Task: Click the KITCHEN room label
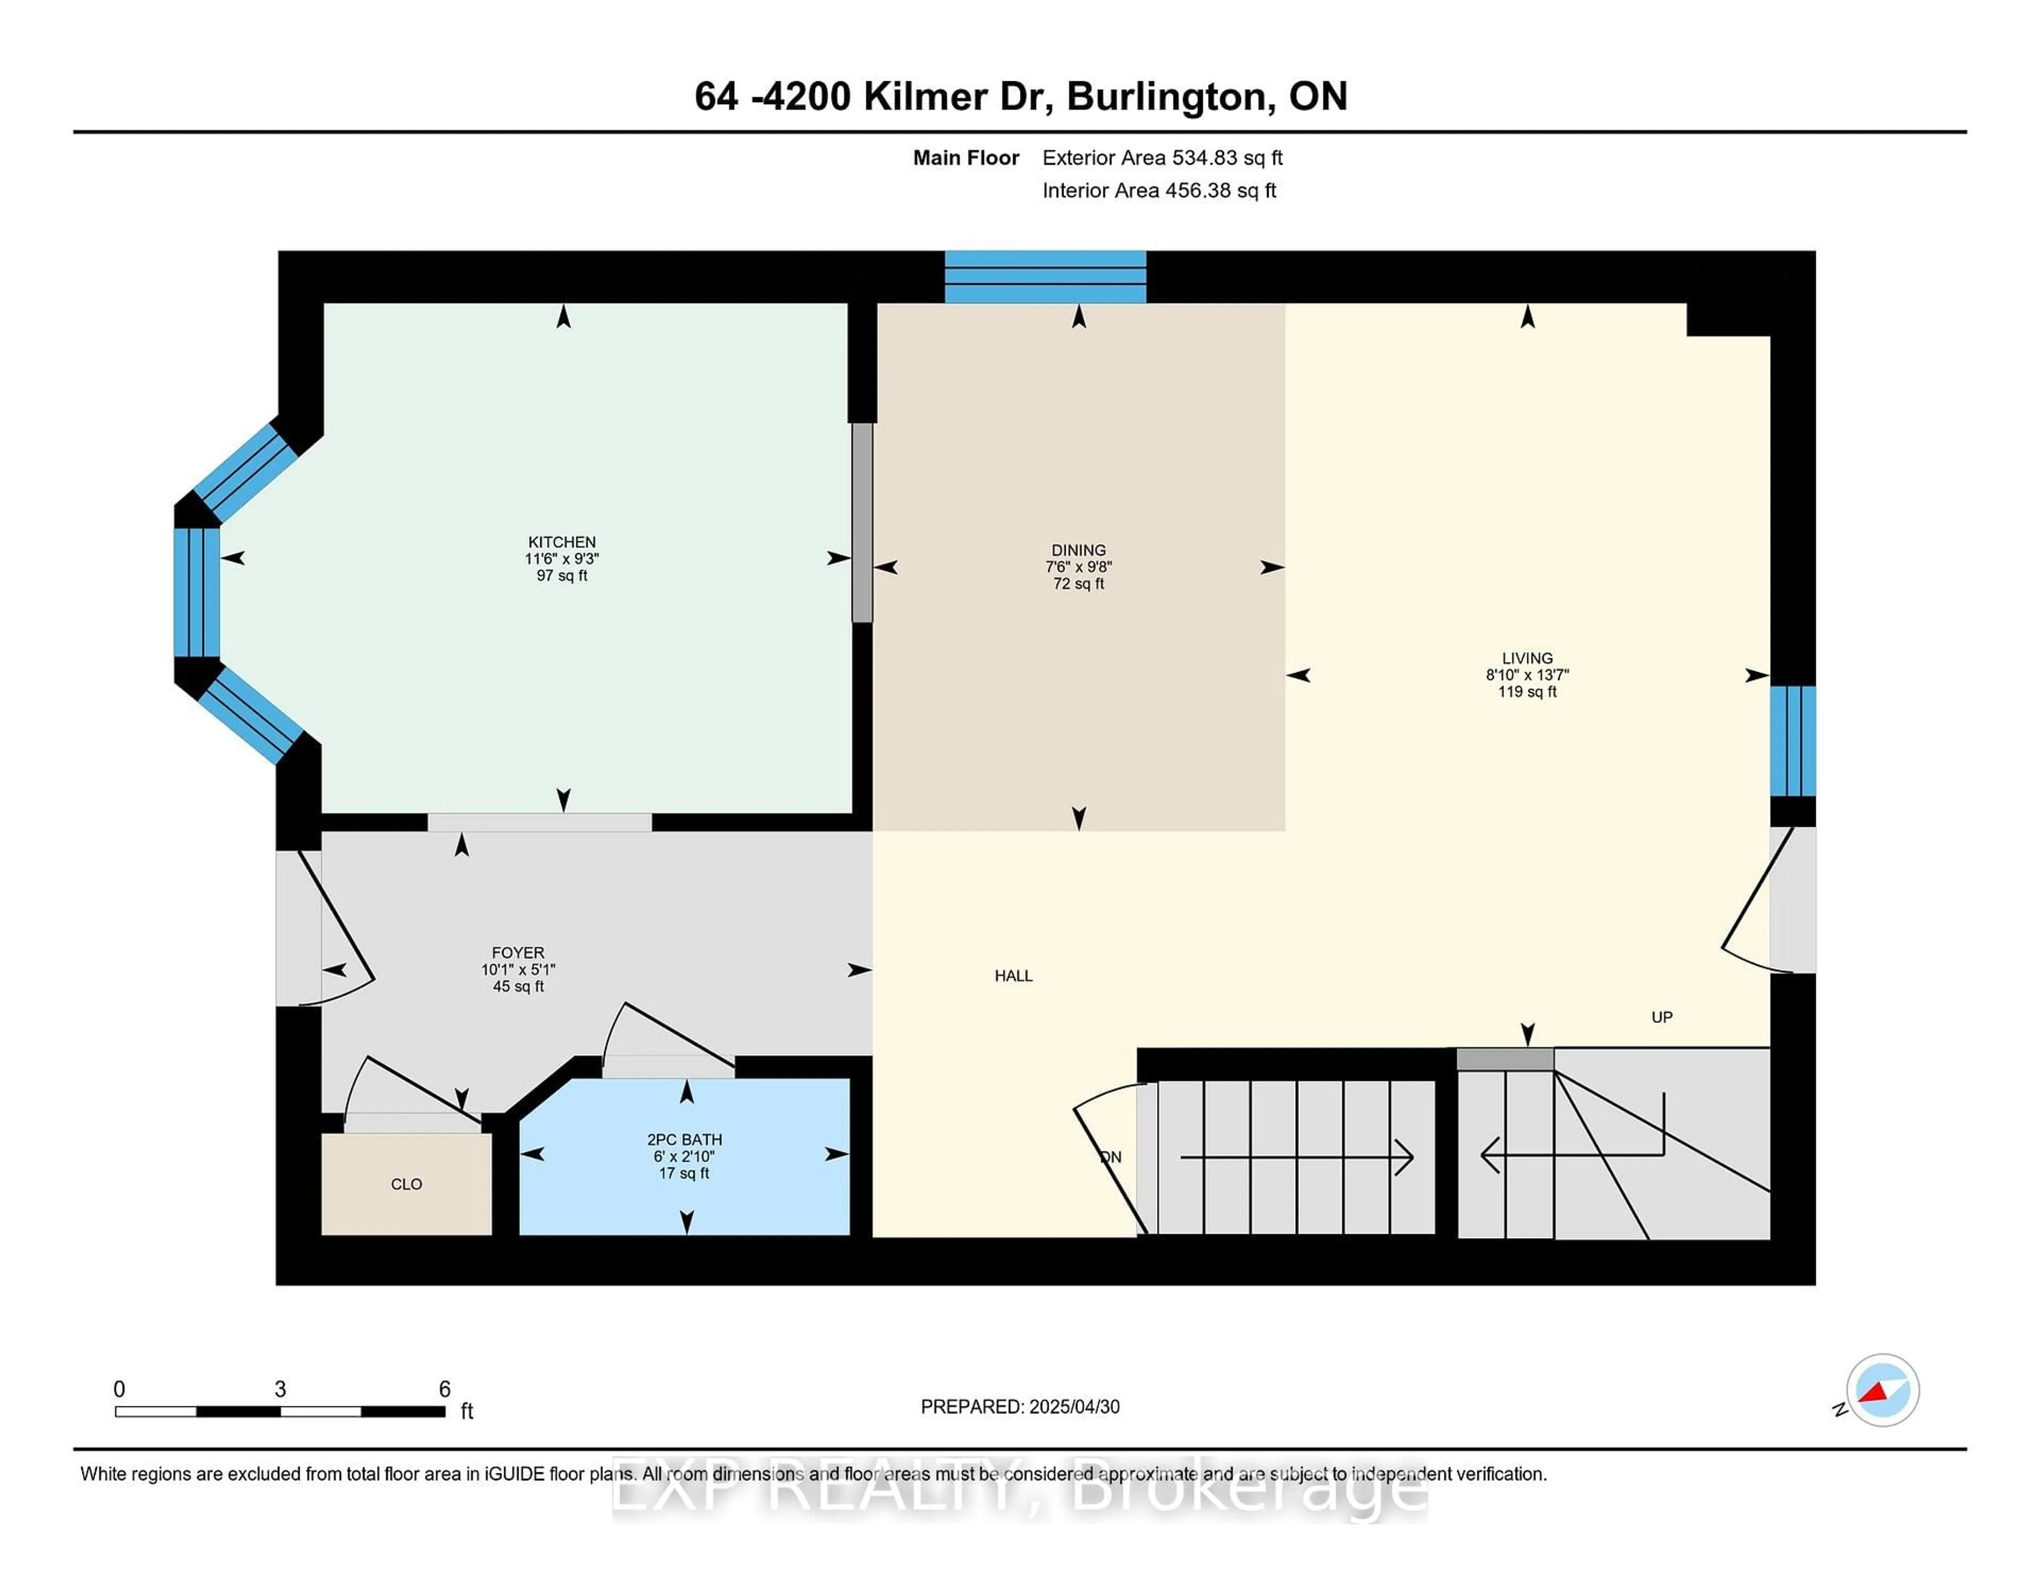[x=562, y=542]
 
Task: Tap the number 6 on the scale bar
[x=445, y=1389]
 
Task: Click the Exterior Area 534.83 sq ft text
[x=1162, y=158]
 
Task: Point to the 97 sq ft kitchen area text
[x=562, y=575]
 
